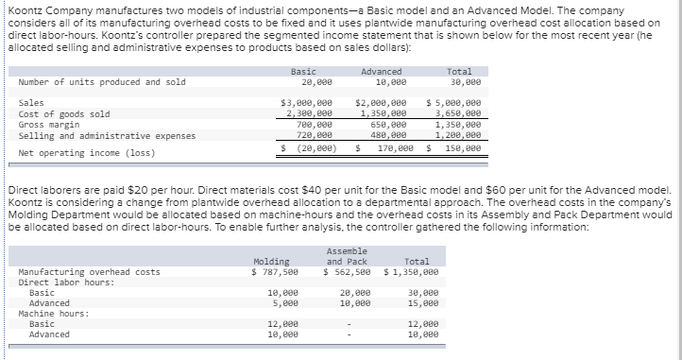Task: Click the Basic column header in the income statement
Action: pos(303,72)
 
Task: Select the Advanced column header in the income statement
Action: pos(382,72)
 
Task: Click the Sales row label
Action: pos(30,102)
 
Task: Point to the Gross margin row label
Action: pos(47,124)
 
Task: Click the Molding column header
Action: pos(271,261)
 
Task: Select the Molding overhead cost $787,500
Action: pos(274,272)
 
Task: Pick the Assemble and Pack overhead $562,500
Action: pos(347,272)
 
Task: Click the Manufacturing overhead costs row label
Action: pos(89,272)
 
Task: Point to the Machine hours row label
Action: pos(53,314)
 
